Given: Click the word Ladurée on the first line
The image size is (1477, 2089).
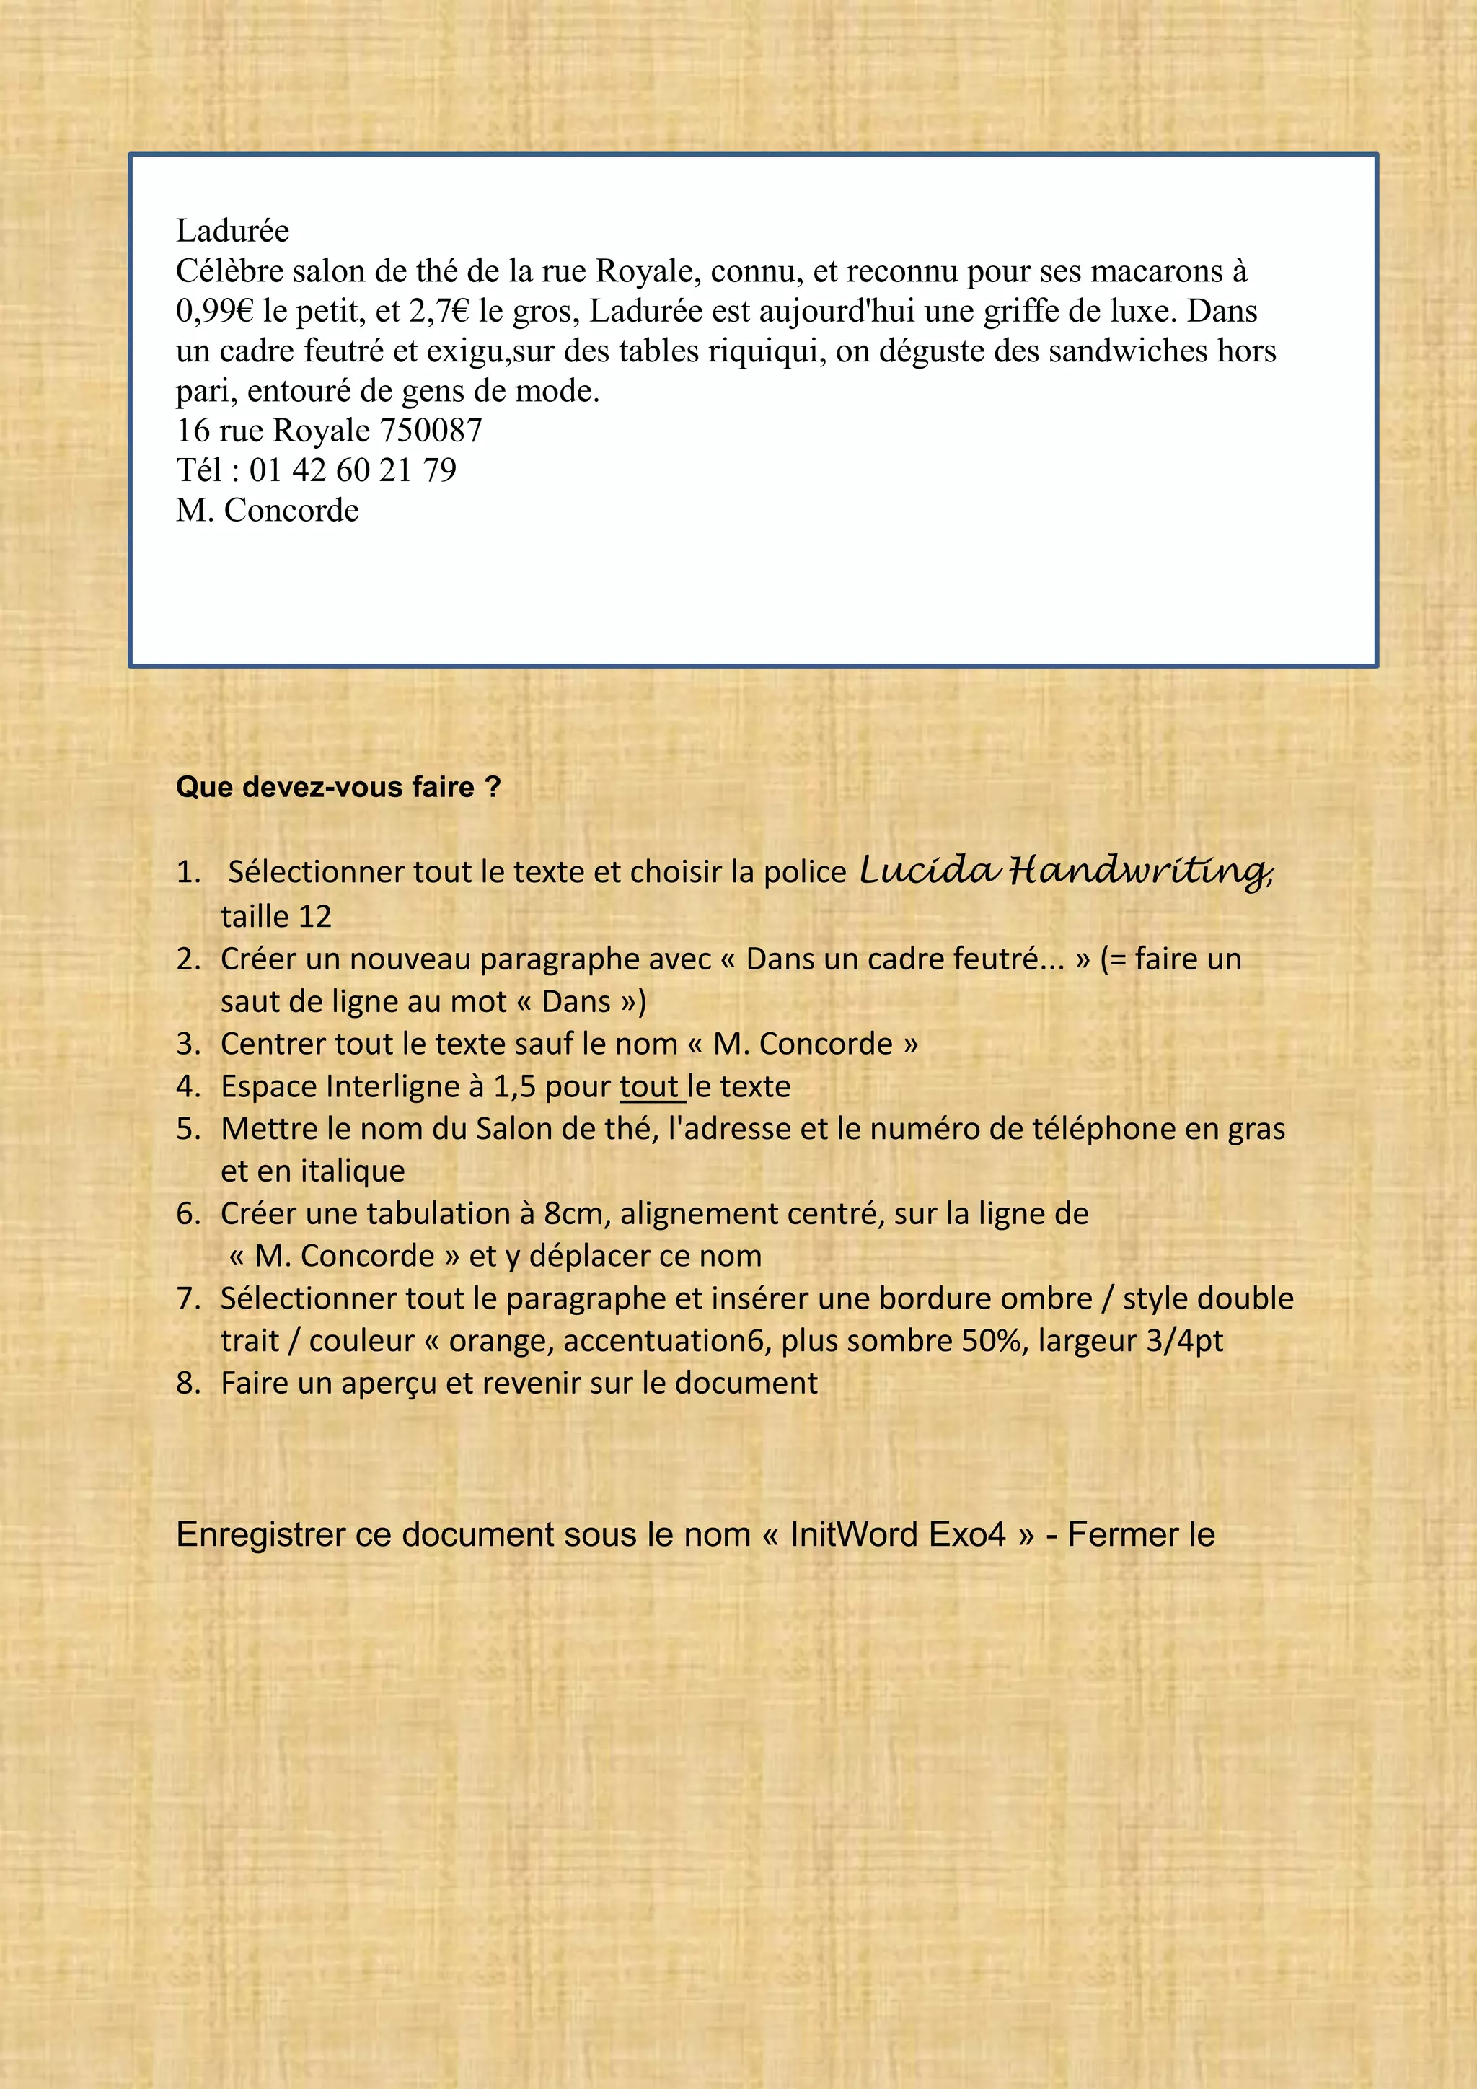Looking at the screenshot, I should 232,231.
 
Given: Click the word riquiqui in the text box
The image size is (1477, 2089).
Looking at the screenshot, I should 767,351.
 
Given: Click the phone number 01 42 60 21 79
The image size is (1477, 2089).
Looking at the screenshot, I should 353,470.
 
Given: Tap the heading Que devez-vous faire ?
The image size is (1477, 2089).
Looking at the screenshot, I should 338,787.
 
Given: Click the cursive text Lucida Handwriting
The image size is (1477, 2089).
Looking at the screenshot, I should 1065,871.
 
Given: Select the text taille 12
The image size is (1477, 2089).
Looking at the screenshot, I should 275,916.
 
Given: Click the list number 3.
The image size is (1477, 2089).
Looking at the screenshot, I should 188,1044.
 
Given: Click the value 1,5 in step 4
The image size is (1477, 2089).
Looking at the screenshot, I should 515,1086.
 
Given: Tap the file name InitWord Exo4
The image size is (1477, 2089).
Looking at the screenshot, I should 898,1535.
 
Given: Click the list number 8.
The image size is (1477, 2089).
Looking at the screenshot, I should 188,1383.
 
